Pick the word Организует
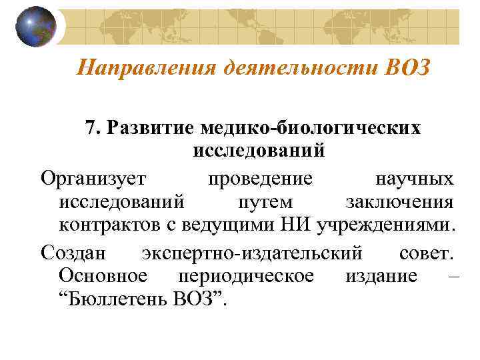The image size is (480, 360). pos(96,178)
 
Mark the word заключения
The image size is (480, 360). pos(400,202)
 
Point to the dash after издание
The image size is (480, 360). pos(455,276)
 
